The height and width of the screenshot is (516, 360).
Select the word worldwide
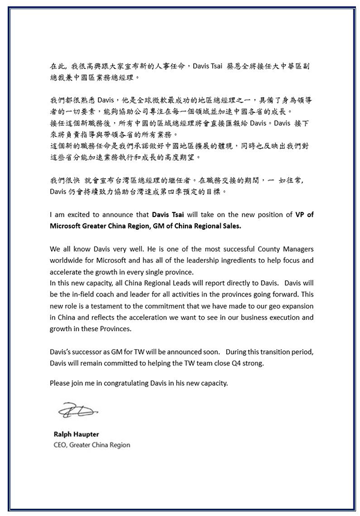[70, 260]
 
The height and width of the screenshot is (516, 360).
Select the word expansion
[291, 305]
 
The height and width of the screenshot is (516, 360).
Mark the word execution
[269, 317]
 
